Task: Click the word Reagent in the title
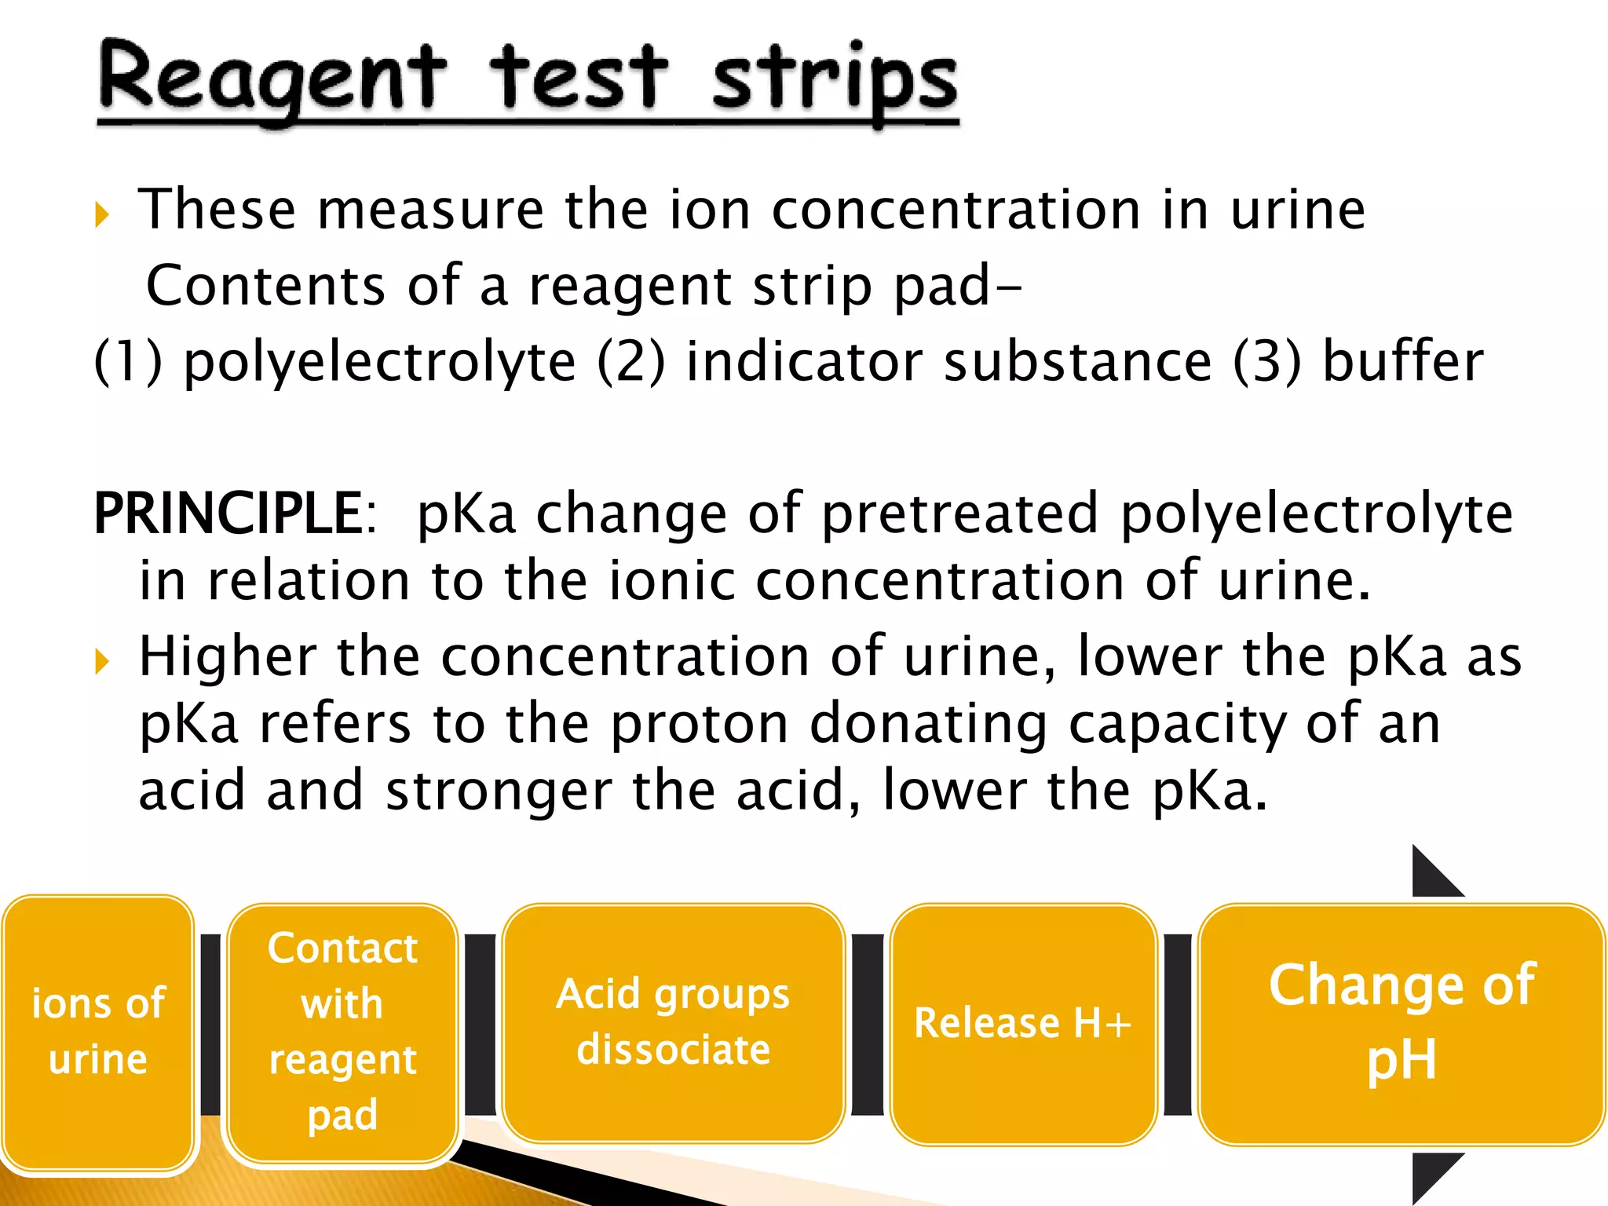pos(271,79)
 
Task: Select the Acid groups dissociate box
pos(673,1021)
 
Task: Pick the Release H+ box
pos(1022,1023)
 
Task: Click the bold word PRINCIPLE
pos(228,514)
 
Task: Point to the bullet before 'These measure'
pos(101,214)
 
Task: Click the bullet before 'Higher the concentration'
pos(101,661)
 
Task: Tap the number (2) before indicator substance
pos(630,362)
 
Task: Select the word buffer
pos(1403,362)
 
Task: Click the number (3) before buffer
pos(1266,362)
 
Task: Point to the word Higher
pos(228,656)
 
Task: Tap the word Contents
pos(265,285)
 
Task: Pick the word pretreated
pos(959,514)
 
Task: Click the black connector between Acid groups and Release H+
pos(867,1024)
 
